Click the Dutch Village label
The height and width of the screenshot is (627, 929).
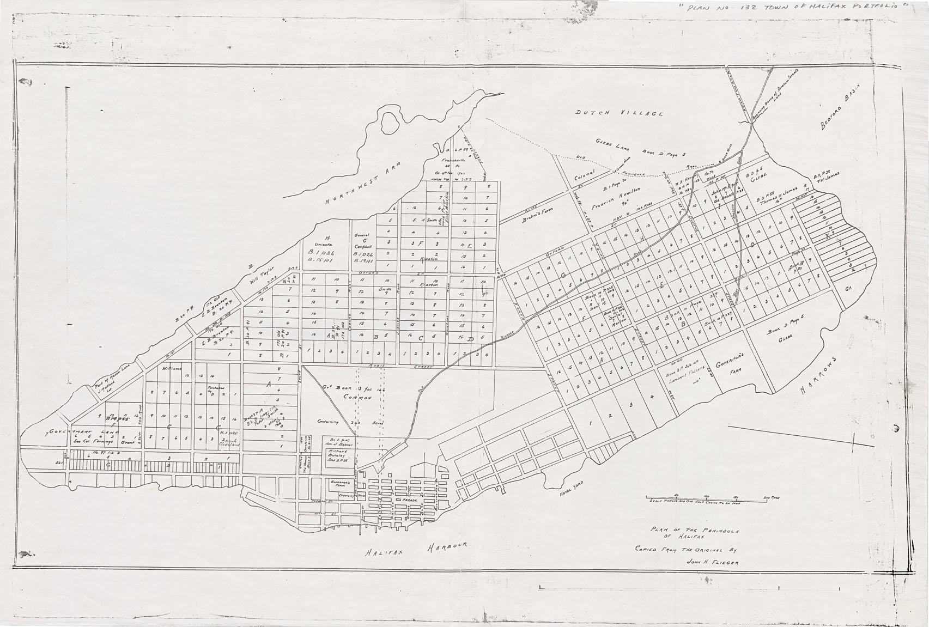pyautogui.click(x=620, y=113)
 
